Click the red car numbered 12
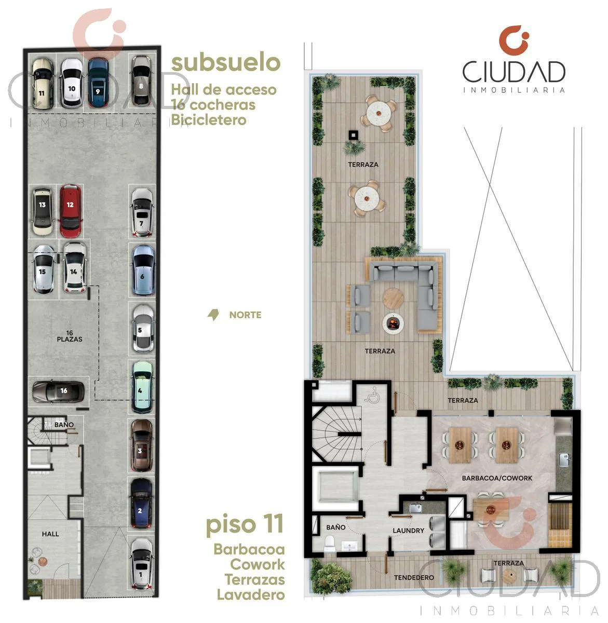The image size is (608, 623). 71,211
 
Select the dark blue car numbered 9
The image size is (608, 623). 98,83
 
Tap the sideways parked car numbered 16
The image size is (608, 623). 58,391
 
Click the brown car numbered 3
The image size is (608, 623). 141,445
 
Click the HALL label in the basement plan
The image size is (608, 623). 50,534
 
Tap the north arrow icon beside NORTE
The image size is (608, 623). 213,315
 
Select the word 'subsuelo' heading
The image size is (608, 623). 226,62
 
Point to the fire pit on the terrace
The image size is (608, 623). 393,323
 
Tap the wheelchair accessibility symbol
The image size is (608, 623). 373,395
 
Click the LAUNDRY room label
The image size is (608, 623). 408,531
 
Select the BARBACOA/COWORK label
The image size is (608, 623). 497,478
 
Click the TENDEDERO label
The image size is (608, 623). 414,577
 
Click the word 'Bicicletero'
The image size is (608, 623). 209,120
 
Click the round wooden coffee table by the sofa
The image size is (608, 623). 393,298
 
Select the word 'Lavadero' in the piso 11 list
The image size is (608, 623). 251,595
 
